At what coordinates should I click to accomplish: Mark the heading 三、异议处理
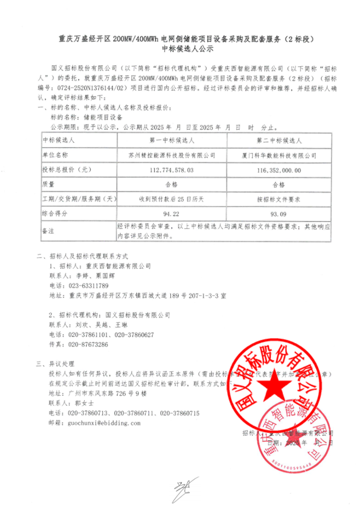pos(56,364)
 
